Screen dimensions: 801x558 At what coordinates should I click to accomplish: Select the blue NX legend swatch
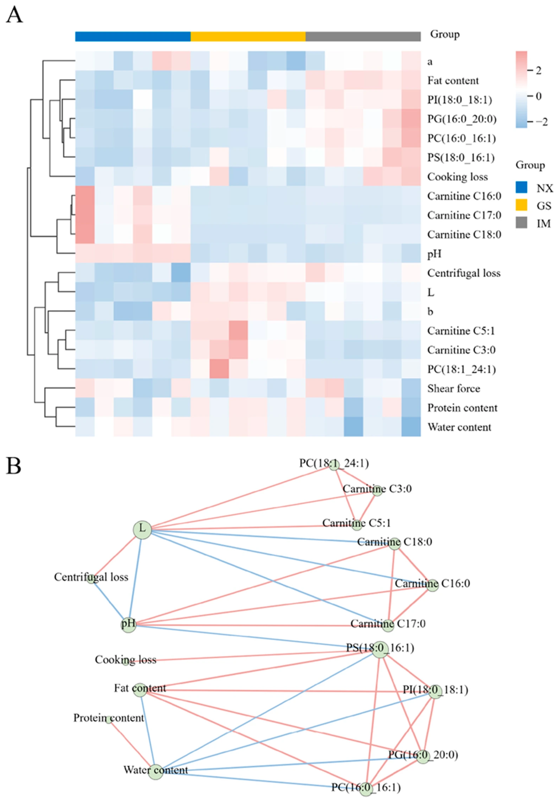pyautogui.click(x=521, y=188)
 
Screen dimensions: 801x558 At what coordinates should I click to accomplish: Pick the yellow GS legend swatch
pyautogui.click(x=521, y=205)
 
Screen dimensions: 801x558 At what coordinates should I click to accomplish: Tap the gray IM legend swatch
pyautogui.click(x=521, y=223)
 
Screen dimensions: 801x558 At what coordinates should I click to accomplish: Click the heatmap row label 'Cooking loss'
pyautogui.click(x=457, y=177)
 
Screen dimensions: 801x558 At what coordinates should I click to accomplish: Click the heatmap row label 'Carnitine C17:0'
pyautogui.click(x=464, y=215)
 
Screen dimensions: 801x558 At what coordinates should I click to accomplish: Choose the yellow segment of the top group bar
pyautogui.click(x=248, y=36)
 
